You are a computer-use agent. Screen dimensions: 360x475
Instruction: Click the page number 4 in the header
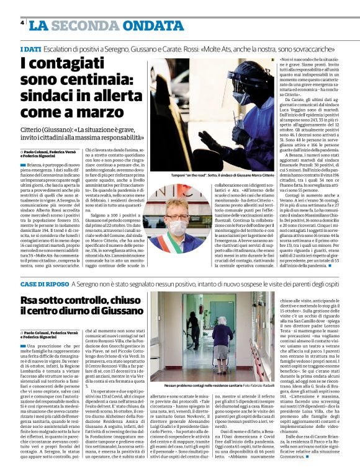(22, 22)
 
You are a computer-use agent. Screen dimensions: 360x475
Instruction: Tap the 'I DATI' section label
(31, 48)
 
